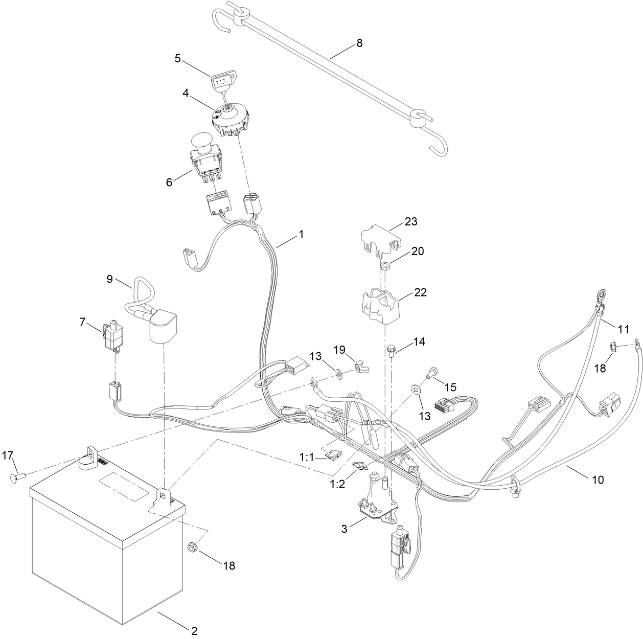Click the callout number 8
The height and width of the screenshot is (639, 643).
359,43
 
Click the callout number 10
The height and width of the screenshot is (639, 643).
597,480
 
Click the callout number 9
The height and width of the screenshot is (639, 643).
109,279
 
